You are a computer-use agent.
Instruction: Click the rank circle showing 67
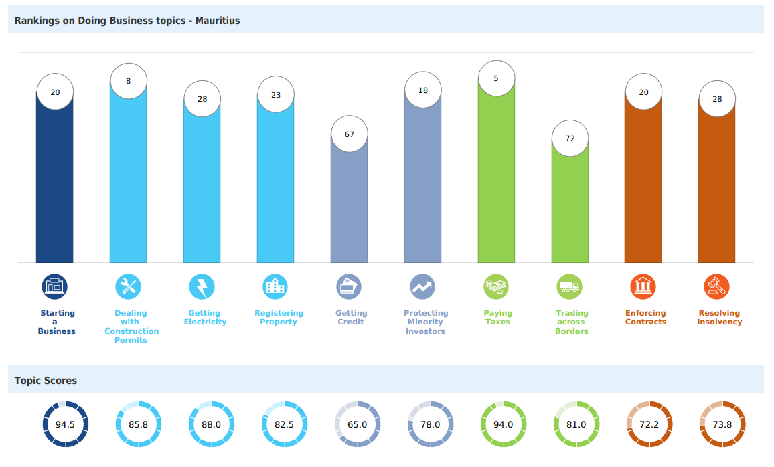[350, 134]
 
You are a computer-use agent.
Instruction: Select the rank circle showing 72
[570, 138]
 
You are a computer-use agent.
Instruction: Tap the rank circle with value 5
[496, 78]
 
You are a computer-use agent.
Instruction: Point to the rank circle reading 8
[128, 81]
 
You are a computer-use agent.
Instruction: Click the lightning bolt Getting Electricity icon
[202, 287]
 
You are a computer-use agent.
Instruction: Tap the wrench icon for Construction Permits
[128, 287]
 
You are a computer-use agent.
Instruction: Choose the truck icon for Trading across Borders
[570, 287]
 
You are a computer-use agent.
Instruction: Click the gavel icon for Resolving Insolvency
[716, 287]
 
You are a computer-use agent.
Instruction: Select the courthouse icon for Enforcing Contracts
[643, 287]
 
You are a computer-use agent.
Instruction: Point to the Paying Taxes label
[497, 318]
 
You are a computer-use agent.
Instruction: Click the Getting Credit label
[351, 318]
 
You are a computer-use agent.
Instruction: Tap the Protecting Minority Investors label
[426, 322]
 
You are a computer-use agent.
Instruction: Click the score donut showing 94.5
[66, 424]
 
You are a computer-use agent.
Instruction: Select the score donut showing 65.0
[358, 424]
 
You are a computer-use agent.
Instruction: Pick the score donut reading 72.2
[649, 424]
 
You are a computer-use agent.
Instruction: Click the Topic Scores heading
[46, 381]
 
